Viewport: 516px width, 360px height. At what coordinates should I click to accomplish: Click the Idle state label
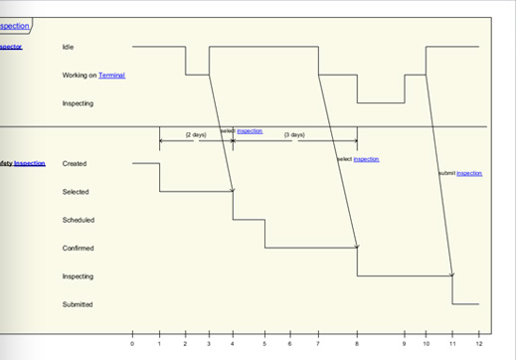(x=68, y=47)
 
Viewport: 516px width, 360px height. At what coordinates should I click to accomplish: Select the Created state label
(x=75, y=163)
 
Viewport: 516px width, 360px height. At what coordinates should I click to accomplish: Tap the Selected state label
(x=76, y=192)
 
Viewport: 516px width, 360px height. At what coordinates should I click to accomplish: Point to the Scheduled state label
(x=78, y=220)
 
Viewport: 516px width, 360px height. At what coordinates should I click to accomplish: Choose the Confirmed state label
(x=78, y=249)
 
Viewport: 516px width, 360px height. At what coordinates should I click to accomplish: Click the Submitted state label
(x=78, y=304)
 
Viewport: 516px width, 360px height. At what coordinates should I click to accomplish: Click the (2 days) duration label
(x=196, y=135)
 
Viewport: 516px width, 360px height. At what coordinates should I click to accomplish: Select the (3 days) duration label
(x=294, y=135)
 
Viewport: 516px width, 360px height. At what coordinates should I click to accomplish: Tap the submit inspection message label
(x=460, y=173)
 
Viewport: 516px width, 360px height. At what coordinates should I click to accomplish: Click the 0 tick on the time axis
(x=132, y=344)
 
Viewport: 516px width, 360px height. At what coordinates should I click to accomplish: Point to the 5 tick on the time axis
(x=264, y=344)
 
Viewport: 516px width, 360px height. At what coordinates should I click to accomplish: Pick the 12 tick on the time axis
(x=479, y=344)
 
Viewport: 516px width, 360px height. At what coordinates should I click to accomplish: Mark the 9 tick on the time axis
(x=405, y=344)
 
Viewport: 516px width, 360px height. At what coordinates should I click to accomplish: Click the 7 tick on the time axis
(x=318, y=344)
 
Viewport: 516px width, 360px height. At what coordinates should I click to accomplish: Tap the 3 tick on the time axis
(x=209, y=344)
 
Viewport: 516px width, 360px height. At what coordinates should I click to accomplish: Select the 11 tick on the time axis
(x=452, y=344)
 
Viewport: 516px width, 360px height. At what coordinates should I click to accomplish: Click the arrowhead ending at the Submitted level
(x=451, y=274)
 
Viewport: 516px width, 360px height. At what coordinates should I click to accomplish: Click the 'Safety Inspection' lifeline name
(x=22, y=163)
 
